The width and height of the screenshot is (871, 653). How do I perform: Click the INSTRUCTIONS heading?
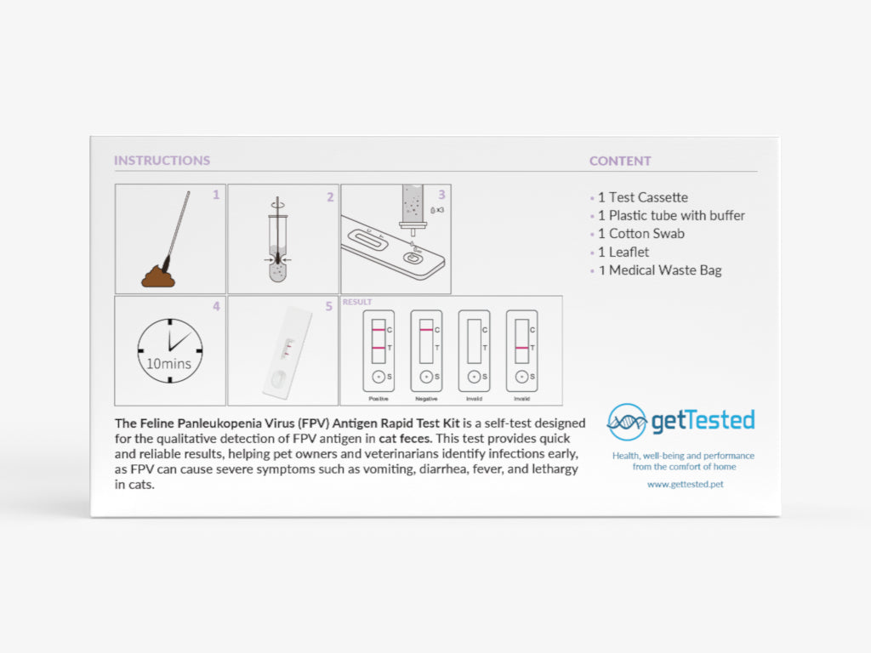(162, 161)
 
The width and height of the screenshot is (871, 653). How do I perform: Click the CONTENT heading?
(620, 161)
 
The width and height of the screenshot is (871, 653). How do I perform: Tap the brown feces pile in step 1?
(158, 276)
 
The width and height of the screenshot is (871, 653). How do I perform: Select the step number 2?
(330, 197)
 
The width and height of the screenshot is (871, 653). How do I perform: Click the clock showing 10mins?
(169, 350)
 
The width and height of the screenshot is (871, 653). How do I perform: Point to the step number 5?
(329, 306)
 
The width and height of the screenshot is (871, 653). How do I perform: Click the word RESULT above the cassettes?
(357, 302)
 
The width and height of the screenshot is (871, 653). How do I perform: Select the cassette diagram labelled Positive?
(379, 351)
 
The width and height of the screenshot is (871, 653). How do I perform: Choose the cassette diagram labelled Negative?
(427, 351)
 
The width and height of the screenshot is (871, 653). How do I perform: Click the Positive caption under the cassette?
(379, 399)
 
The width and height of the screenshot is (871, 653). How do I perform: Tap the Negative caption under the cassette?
(427, 399)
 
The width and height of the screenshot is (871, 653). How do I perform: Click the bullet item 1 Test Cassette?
(643, 197)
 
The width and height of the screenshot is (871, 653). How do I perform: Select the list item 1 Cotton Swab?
(641, 233)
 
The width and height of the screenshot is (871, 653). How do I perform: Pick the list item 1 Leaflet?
(623, 252)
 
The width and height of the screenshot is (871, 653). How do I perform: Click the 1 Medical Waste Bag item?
(660, 270)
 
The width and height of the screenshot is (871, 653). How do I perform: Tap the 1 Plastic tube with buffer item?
(671, 215)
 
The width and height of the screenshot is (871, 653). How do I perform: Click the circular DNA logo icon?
(627, 423)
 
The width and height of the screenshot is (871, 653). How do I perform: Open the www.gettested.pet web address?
(686, 484)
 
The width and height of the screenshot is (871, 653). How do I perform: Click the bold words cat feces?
(405, 439)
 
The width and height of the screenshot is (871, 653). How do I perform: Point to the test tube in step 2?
(278, 247)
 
